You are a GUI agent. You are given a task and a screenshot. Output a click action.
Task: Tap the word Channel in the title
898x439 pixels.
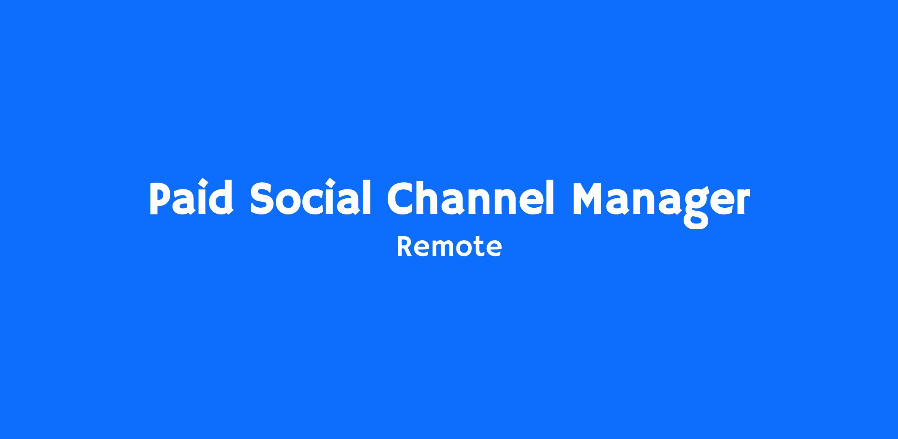[x=470, y=198]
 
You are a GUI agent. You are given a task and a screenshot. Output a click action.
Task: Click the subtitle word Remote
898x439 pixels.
[x=449, y=247]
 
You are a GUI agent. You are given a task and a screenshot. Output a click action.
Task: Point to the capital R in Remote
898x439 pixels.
[x=404, y=247]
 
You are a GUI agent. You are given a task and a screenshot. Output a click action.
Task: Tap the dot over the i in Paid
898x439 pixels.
[x=202, y=183]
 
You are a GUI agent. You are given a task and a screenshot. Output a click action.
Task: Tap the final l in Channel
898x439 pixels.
[x=550, y=198]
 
